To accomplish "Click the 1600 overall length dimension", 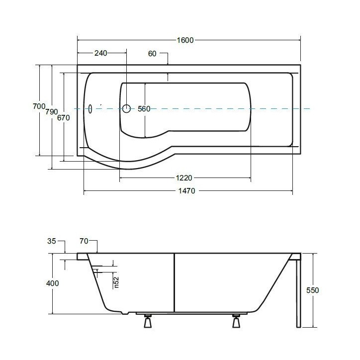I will tap(184, 40).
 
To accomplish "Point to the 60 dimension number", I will tap(152, 54).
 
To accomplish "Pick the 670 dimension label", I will tap(63, 118).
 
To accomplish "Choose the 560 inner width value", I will tap(144, 109).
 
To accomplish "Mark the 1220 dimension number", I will tap(184, 178).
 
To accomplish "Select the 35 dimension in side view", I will tap(52, 242).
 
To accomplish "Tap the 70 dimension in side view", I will tap(84, 242).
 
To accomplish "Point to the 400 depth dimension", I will tap(52, 283).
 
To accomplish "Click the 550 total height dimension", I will tap(313, 290).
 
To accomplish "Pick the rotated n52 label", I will tap(117, 282).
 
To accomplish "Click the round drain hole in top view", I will tap(126, 108).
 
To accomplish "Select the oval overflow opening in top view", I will tap(90, 108).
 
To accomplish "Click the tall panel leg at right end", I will tap(298, 293).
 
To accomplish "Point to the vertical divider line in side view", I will tap(174, 282).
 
